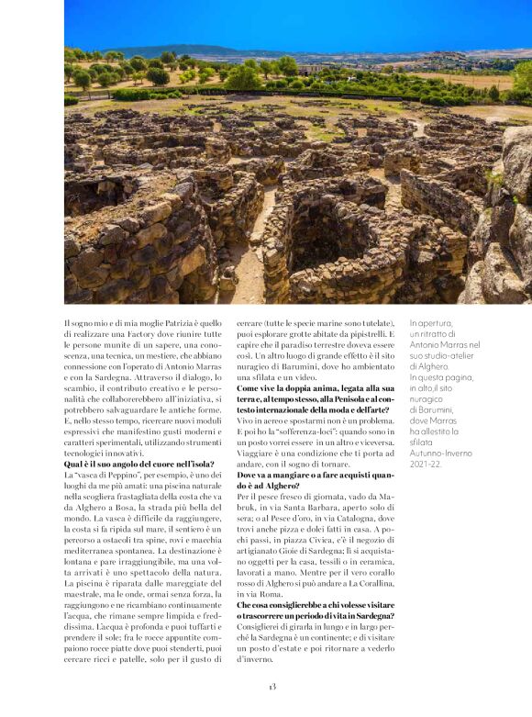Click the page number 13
[272, 687]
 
